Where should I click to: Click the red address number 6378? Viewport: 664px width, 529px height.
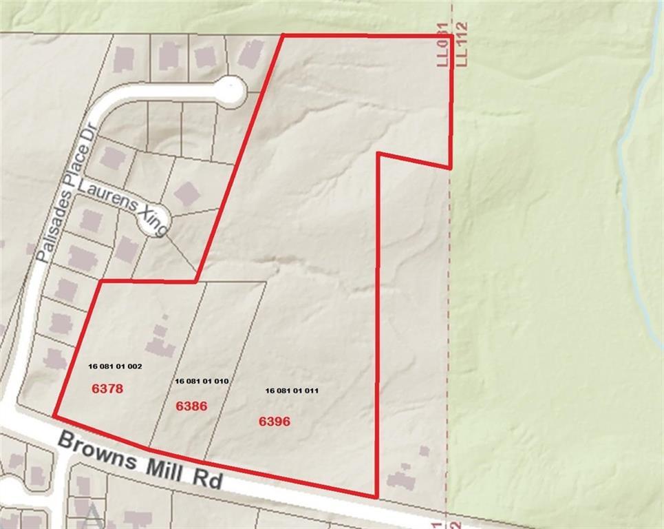coord(107,388)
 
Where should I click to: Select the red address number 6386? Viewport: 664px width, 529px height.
coord(191,406)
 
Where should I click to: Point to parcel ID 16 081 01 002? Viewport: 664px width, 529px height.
coord(115,366)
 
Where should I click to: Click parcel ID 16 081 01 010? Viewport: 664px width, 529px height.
coord(202,381)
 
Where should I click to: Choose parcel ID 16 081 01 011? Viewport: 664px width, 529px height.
coord(292,391)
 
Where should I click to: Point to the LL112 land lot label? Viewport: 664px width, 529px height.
coord(462,44)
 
